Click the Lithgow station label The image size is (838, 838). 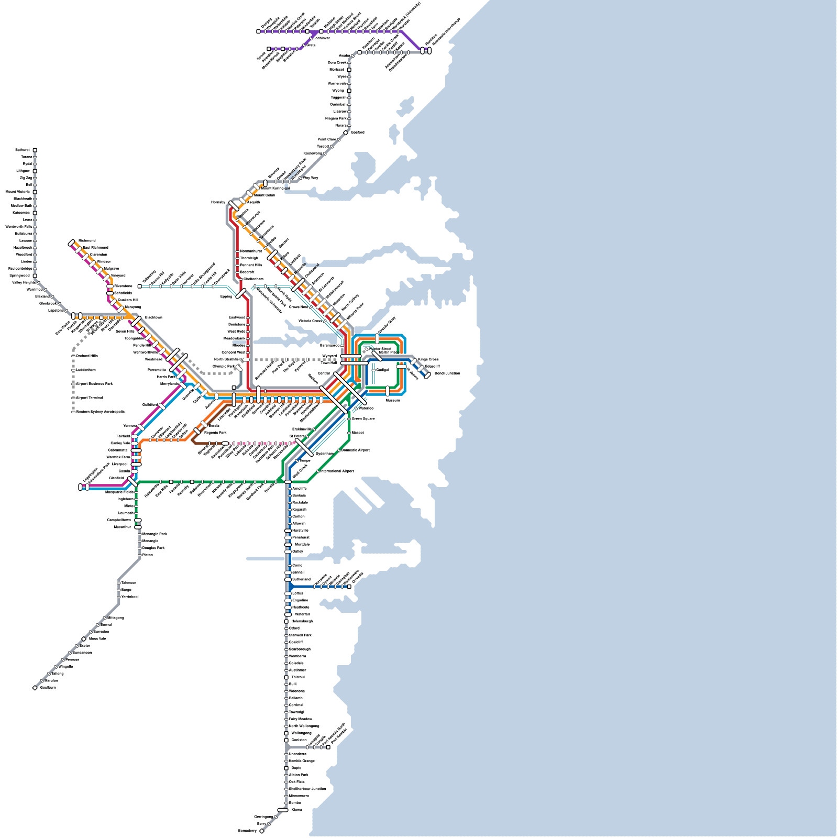pyautogui.click(x=23, y=171)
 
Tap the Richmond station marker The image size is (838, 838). pyautogui.click(x=72, y=243)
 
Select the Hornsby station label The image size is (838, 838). pyautogui.click(x=218, y=202)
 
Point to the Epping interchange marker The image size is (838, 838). pyautogui.click(x=241, y=293)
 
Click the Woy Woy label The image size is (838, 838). pyautogui.click(x=311, y=178)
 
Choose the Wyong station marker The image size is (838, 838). pyautogui.click(x=349, y=91)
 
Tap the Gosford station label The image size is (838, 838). pyautogui.click(x=358, y=133)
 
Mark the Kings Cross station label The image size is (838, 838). pyautogui.click(x=428, y=359)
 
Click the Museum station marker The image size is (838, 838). pyautogui.click(x=388, y=391)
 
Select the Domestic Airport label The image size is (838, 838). pyautogui.click(x=356, y=450)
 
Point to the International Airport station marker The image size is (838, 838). pyautogui.click(x=318, y=471)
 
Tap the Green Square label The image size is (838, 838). pyautogui.click(x=363, y=418)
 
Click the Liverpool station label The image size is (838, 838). pyautogui.click(x=119, y=464)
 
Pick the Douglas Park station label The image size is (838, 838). pyautogui.click(x=153, y=548)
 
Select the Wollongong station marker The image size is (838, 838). pyautogui.click(x=286, y=733)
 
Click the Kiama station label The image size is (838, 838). pyautogui.click(x=296, y=810)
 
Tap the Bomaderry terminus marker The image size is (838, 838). pyautogui.click(x=262, y=831)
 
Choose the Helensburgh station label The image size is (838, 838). pyautogui.click(x=302, y=621)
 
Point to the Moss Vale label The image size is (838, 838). pyautogui.click(x=97, y=638)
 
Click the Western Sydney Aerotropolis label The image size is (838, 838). pyautogui.click(x=100, y=412)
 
